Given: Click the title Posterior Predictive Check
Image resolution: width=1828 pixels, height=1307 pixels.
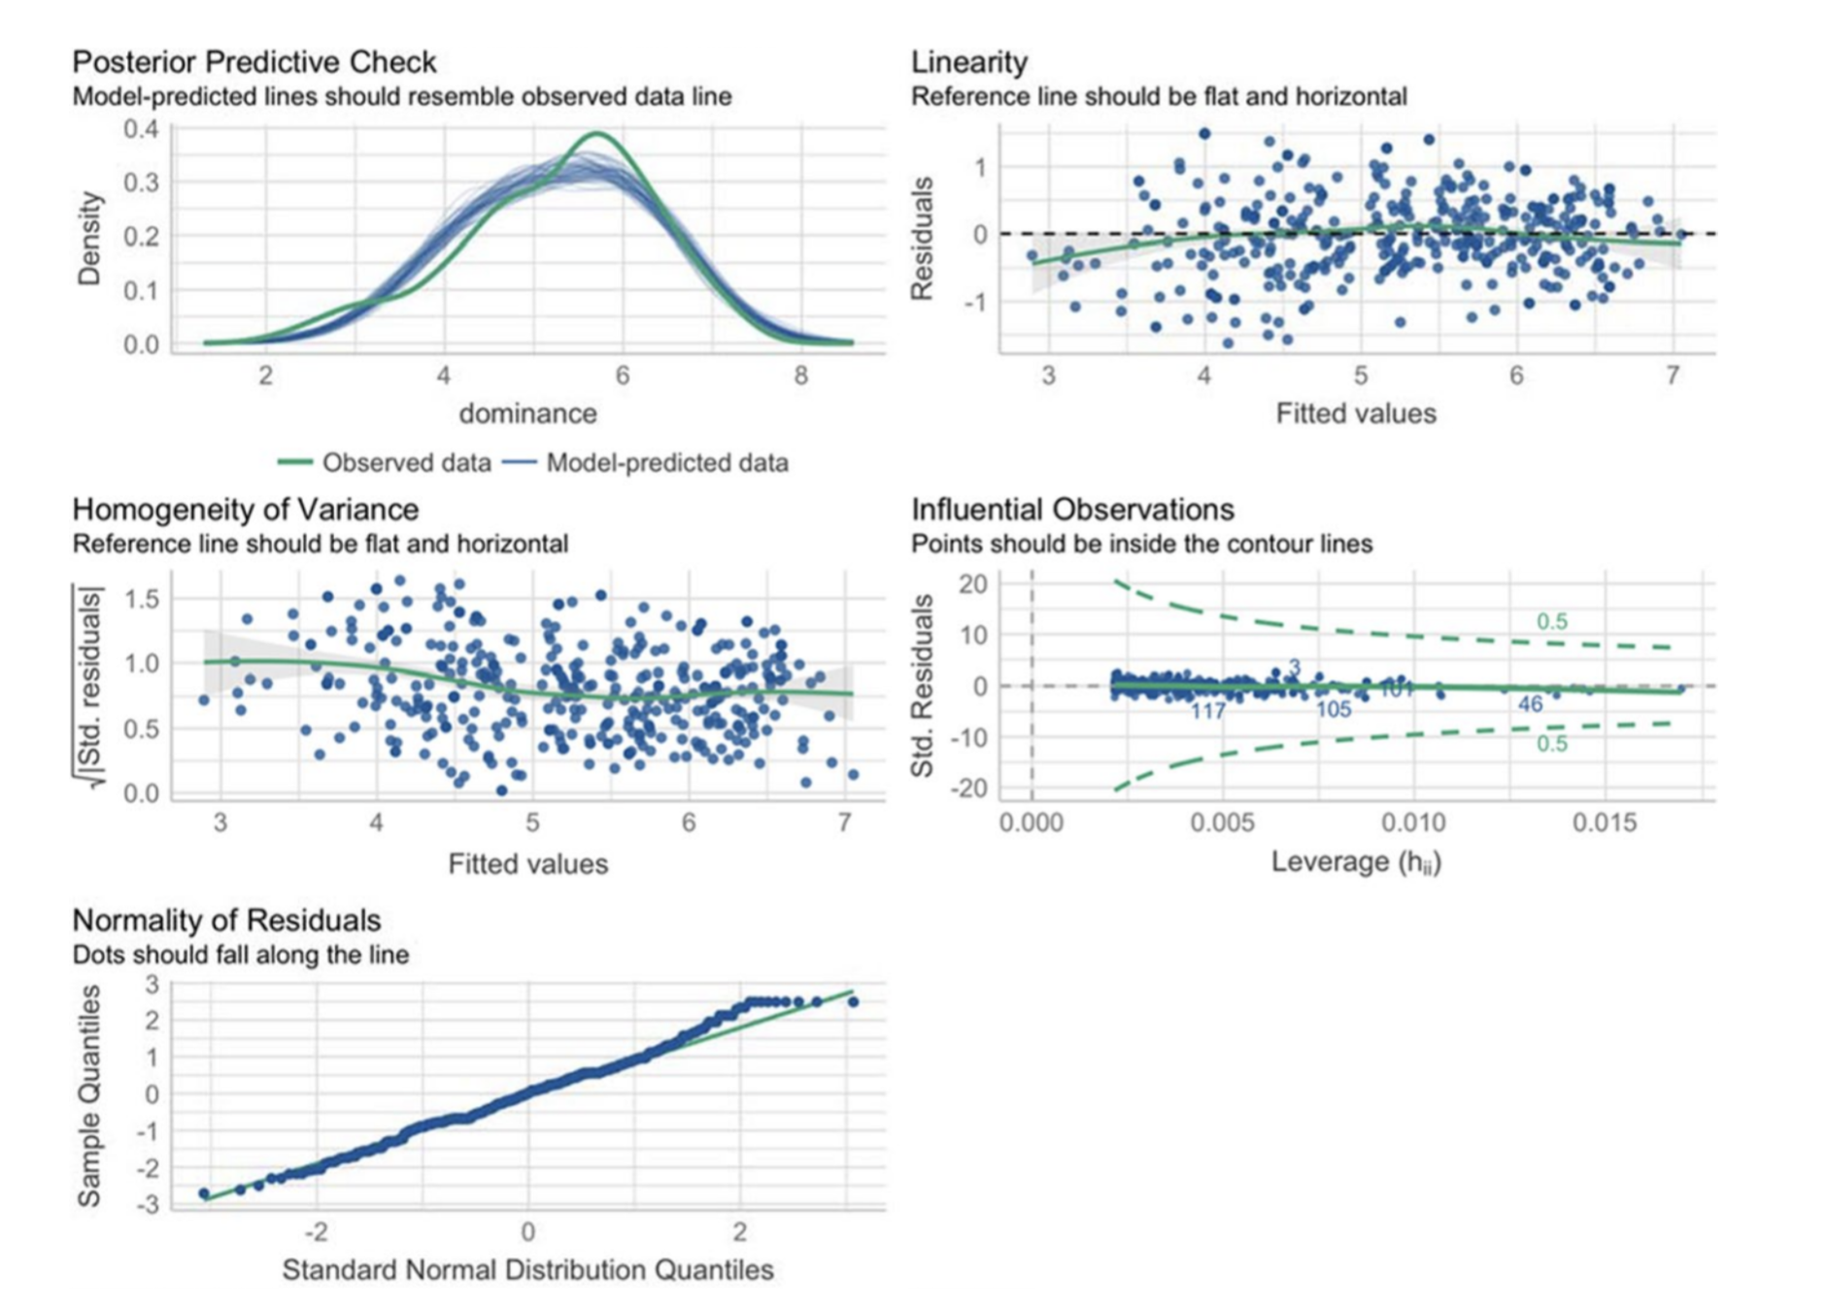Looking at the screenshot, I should pos(254,62).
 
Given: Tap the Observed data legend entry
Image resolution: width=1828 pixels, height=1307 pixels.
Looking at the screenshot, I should pos(385,463).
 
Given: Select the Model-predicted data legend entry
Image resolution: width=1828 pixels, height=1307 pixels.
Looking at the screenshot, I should pos(645,463).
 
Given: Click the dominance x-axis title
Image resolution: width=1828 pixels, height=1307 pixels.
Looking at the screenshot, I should pos(527,414).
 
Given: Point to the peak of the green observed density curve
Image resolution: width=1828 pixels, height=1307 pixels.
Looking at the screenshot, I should pos(596,134).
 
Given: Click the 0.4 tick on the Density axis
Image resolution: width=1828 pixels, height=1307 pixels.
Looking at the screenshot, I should pos(141,129).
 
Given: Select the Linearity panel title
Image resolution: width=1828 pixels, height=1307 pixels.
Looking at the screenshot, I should pos(968,62).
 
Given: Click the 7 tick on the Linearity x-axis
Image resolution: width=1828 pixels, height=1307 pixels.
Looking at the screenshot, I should pos(1672,376).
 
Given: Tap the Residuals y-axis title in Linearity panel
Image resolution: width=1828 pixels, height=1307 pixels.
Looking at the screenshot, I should pos(922,238).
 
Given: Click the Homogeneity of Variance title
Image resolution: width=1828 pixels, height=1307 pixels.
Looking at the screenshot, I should pos(245,510).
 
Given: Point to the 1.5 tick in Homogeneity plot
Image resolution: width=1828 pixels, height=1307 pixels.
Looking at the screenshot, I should pos(141,599).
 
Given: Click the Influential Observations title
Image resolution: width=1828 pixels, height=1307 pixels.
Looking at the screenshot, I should pos(1072,510).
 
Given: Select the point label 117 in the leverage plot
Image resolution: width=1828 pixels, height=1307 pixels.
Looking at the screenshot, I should pos(1207,712).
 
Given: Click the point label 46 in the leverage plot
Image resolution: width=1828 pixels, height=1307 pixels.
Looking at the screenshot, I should pos(1530,704).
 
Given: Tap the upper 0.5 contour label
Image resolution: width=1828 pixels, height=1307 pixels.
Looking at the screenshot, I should pos(1551,621).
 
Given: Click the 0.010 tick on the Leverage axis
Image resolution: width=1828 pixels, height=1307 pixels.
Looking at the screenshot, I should pos(1413,823).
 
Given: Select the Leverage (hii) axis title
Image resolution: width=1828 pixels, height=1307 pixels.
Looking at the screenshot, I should pos(1356,862).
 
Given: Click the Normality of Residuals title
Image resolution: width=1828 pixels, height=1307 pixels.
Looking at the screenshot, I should pos(226,921).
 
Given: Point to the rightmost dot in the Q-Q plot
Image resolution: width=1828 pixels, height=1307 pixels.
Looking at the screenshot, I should pos(853,1002).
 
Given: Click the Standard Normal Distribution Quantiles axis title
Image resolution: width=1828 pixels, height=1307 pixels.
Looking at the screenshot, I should pos(527,1270).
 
